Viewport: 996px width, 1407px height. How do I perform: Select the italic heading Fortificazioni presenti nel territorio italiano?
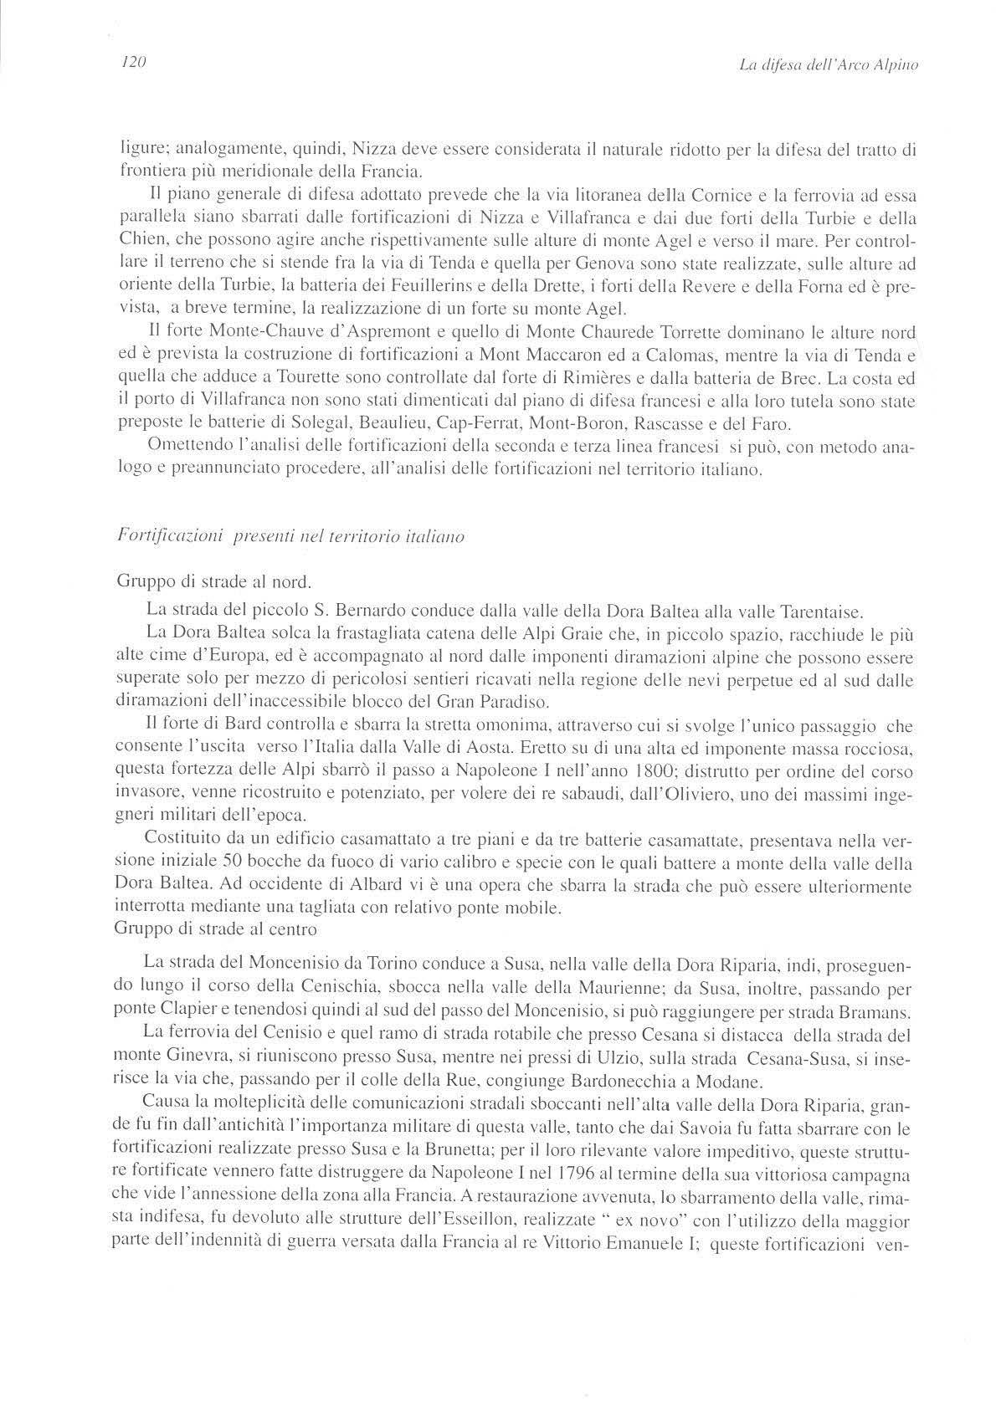pyautogui.click(x=292, y=539)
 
